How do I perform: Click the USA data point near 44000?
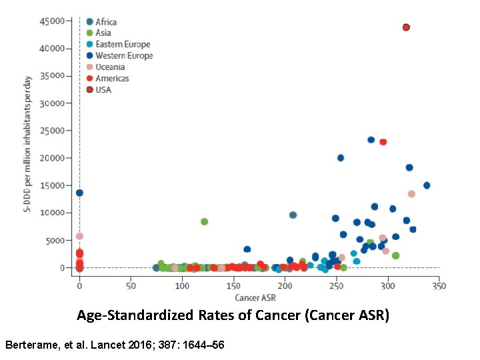point(406,27)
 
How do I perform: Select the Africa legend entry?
point(105,22)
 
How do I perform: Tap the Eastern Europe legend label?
point(123,45)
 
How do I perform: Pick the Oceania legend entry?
point(110,67)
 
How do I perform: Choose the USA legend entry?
point(103,90)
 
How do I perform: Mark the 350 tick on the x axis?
point(439,286)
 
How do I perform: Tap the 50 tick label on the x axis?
point(131,286)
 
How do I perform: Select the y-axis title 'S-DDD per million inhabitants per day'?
point(28,145)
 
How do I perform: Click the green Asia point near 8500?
point(204,221)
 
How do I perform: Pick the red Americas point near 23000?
point(383,142)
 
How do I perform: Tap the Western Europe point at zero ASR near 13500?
point(79,193)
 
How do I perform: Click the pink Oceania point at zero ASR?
point(79,236)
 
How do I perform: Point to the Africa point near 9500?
point(293,215)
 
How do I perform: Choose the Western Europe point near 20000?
point(341,158)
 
